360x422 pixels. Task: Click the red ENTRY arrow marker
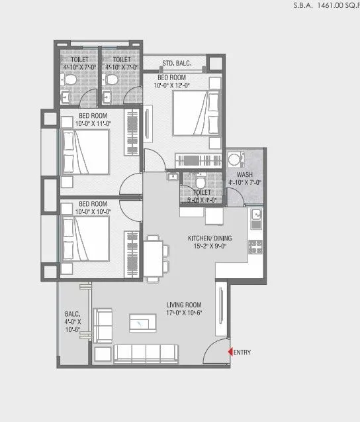[230, 352]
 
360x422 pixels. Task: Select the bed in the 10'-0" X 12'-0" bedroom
[195, 113]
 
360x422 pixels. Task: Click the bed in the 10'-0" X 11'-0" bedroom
[86, 152]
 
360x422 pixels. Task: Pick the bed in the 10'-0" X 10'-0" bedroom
[86, 239]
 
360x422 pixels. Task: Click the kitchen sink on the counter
[256, 215]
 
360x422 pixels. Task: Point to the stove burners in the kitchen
[255, 246]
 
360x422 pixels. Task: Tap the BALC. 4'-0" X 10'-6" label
[71, 323]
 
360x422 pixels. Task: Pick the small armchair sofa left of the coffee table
[103, 325]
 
